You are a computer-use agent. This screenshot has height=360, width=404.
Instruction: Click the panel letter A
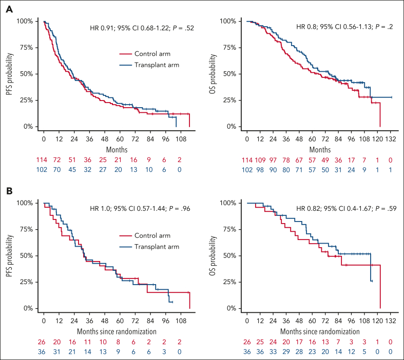click(x=9, y=10)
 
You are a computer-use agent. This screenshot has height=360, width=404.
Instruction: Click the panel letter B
click(x=9, y=191)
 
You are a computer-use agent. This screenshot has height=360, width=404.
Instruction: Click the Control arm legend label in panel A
click(x=152, y=54)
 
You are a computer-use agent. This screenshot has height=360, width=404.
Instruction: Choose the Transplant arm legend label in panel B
click(x=157, y=247)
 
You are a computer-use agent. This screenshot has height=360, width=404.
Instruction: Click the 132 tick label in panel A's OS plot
click(x=390, y=139)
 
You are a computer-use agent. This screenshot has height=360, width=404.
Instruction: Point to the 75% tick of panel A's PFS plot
click(x=27, y=48)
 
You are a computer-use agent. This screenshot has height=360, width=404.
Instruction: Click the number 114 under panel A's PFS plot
click(x=42, y=160)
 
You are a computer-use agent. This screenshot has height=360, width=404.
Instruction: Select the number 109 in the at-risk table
click(x=260, y=160)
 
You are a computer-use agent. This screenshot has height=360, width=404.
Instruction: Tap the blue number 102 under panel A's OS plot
click(x=247, y=170)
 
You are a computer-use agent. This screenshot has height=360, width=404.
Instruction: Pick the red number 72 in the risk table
click(x=56, y=160)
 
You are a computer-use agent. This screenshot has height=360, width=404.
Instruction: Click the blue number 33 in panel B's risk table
click(x=273, y=352)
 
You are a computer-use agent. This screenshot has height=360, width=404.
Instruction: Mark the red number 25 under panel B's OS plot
click(x=260, y=342)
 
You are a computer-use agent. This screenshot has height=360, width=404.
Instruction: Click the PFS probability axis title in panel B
click(x=10, y=255)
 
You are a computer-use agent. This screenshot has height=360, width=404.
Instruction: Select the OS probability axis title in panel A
click(x=213, y=74)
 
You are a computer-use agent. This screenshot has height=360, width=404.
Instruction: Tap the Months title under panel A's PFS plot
click(x=117, y=150)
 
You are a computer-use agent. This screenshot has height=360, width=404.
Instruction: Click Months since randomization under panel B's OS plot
click(x=320, y=331)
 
